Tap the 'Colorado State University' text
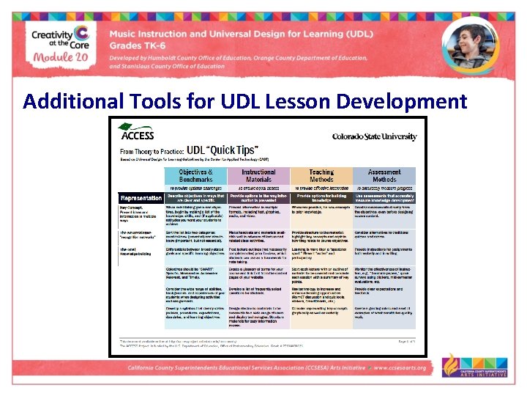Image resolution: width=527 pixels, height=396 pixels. [374, 136]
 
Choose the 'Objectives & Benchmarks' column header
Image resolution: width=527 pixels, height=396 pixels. [195, 175]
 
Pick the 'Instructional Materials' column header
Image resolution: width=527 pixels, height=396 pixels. [258, 175]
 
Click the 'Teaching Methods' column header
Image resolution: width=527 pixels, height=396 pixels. [321, 175]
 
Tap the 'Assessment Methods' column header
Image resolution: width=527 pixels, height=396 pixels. [384, 175]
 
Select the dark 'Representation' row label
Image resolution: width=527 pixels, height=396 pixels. [141, 197]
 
